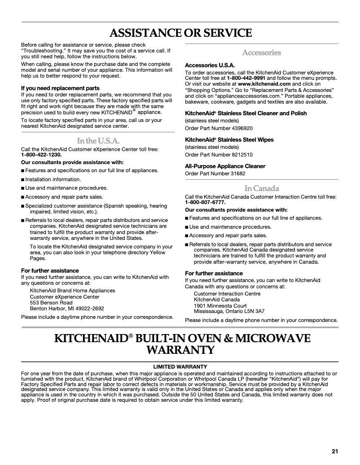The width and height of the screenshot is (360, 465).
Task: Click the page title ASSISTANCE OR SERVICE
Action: [x=180, y=33]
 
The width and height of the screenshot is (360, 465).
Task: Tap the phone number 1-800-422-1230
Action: [x=41, y=155]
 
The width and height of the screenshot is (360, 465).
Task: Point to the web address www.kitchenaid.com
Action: [x=264, y=84]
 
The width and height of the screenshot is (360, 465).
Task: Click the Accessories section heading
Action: [x=261, y=53]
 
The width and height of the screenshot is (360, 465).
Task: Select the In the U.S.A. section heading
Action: [x=98, y=141]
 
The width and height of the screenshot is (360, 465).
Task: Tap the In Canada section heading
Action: [x=261, y=188]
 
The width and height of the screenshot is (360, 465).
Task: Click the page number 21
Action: [x=334, y=451]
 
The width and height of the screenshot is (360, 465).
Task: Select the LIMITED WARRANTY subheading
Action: [x=180, y=366]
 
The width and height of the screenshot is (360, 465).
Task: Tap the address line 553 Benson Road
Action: [x=51, y=303]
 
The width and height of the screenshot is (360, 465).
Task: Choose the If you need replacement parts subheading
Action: [x=61, y=88]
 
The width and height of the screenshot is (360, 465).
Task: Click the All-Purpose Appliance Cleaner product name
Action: [x=225, y=166]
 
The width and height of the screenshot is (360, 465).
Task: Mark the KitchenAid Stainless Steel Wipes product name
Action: [x=229, y=140]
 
